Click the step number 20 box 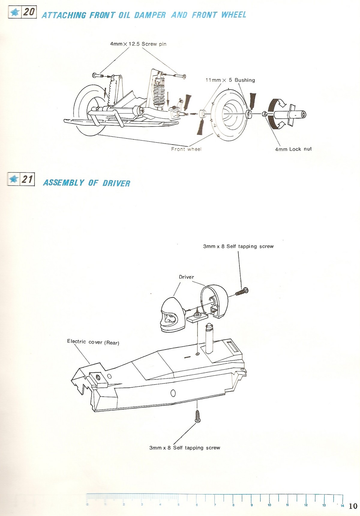click(x=22, y=12)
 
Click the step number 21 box click(x=21, y=179)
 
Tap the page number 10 click(x=353, y=506)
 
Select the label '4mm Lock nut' click(x=293, y=149)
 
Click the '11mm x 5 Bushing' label click(x=230, y=80)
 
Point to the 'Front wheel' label click(x=186, y=149)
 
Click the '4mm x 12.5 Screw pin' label click(x=138, y=44)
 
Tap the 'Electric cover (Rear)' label click(x=93, y=342)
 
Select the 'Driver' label click(x=186, y=277)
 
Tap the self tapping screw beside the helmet click(x=242, y=291)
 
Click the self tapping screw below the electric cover click(x=197, y=416)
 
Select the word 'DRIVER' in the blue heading click(x=116, y=183)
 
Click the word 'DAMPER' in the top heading click(x=150, y=15)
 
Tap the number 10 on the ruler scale click(x=269, y=505)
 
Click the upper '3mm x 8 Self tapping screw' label click(x=238, y=246)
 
